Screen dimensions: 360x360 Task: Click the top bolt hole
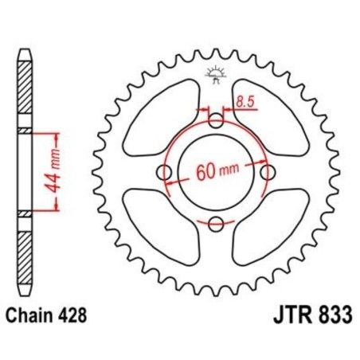click(x=217, y=122)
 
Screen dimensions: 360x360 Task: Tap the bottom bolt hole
click(x=217, y=223)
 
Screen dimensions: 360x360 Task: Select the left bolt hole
click(x=166, y=173)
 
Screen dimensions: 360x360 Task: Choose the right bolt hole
click(x=268, y=173)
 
